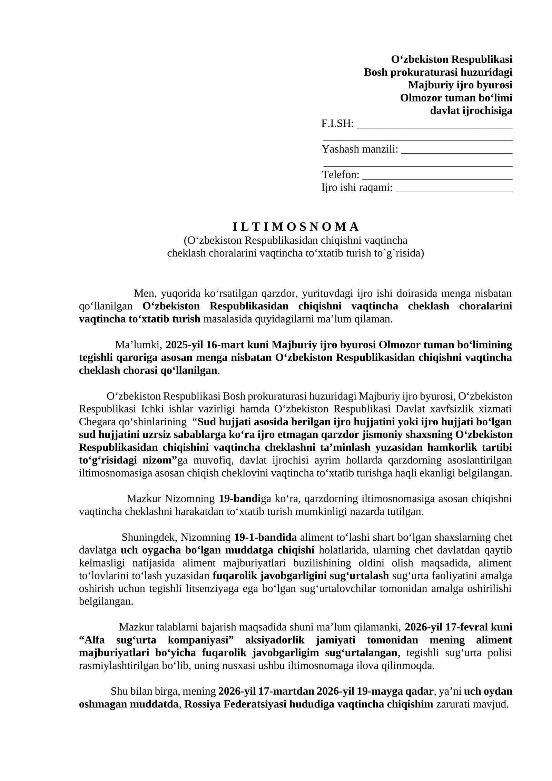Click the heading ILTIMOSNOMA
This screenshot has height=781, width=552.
click(296, 227)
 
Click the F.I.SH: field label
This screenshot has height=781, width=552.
click(337, 124)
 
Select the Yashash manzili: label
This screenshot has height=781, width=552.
click(360, 149)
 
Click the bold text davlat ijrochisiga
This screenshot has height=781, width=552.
click(471, 110)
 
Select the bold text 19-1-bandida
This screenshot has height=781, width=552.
click(265, 537)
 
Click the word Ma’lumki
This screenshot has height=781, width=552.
click(138, 345)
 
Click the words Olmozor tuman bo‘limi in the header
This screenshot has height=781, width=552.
click(456, 98)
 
